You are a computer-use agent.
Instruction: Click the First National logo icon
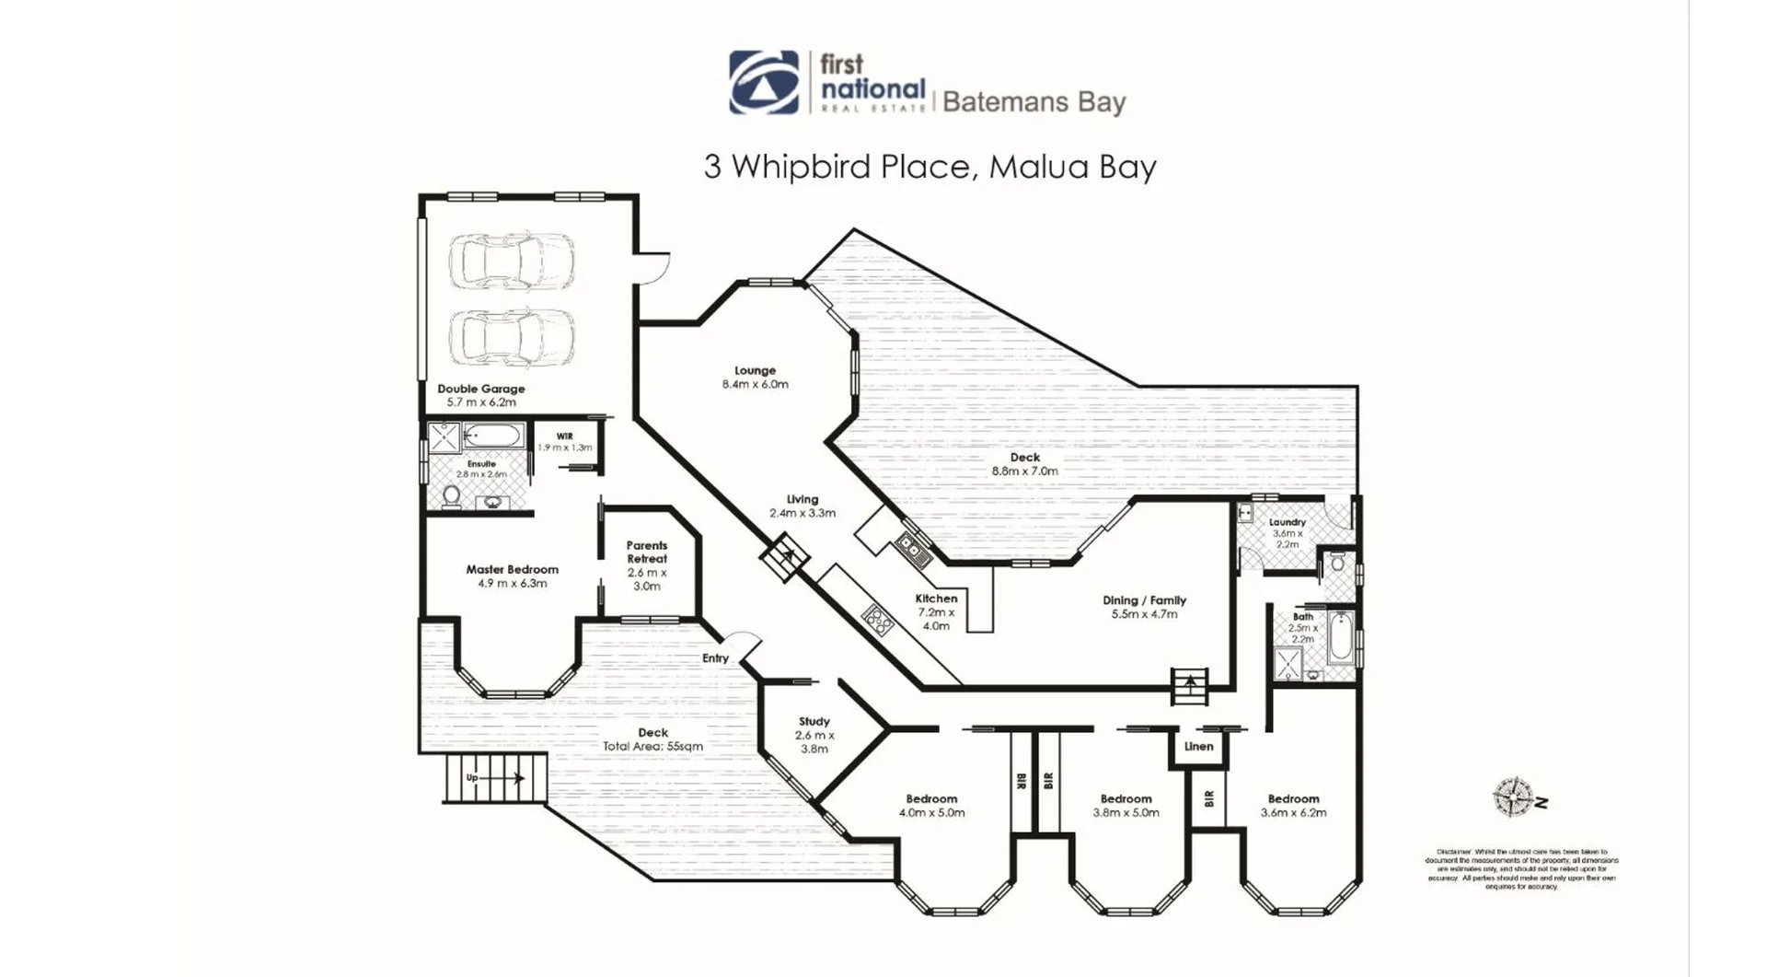(764, 83)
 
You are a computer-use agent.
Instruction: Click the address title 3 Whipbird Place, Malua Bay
(930, 167)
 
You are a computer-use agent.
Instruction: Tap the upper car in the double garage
(512, 261)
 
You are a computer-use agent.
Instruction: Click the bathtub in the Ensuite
(493, 436)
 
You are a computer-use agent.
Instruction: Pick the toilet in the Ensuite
(452, 497)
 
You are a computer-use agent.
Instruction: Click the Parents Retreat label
(647, 552)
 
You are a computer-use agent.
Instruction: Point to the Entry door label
(715, 658)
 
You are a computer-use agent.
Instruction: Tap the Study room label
(814, 722)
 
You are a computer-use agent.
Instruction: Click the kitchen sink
(914, 550)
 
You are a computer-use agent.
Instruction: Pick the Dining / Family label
(1144, 600)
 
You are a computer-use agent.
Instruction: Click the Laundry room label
(1287, 522)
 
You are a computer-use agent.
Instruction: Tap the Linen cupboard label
(1198, 747)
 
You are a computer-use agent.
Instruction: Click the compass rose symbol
(1512, 797)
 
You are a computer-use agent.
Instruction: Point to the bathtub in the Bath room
(1339, 637)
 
